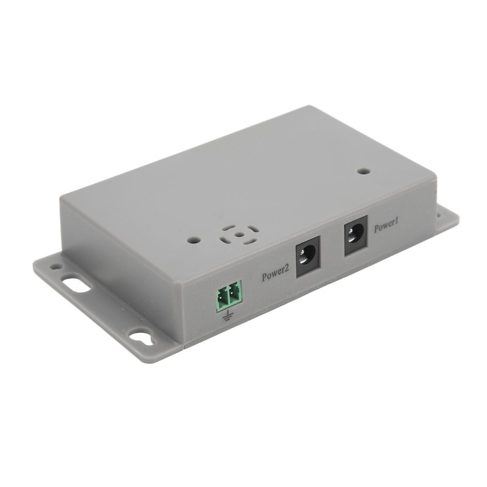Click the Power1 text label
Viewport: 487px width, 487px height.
386,226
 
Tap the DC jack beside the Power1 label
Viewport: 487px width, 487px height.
356,236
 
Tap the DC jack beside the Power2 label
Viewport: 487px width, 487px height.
308,256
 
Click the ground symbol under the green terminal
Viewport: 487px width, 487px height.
228,315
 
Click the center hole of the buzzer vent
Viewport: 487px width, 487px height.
238,235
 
